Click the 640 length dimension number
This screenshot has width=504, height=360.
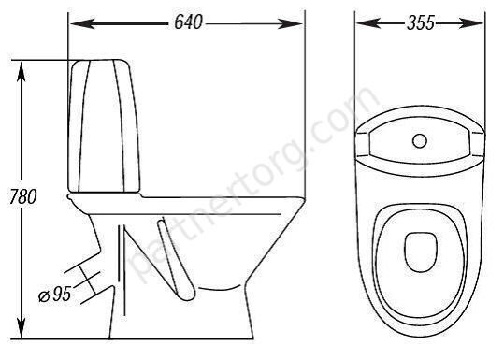coord(188,22)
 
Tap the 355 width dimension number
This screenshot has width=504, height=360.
coord(421,22)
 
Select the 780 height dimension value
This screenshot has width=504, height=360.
coord(23,196)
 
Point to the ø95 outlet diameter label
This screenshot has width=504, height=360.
coord(54,295)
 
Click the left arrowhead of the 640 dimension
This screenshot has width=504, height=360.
coord(82,23)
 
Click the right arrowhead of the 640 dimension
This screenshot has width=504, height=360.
coord(290,23)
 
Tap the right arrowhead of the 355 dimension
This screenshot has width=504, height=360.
coord(471,23)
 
